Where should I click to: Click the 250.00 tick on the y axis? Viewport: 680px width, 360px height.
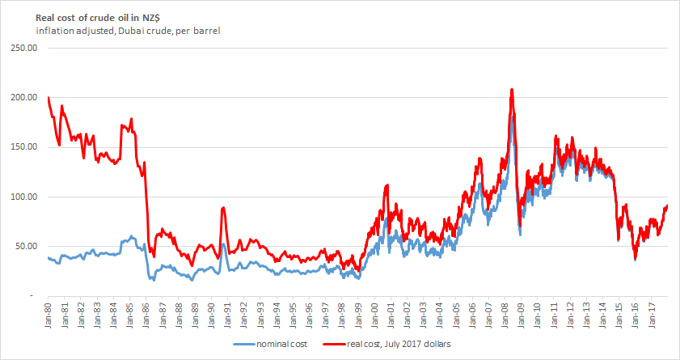[x=25, y=48]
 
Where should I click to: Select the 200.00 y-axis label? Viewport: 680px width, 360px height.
[x=25, y=97]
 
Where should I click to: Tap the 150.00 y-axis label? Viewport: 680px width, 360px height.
[x=25, y=147]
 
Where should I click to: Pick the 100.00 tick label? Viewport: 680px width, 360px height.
[x=25, y=197]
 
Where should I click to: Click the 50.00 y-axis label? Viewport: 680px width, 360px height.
[x=27, y=247]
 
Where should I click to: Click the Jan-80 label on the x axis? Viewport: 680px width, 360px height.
[x=49, y=316]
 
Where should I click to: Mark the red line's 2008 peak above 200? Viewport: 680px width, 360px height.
[x=511, y=90]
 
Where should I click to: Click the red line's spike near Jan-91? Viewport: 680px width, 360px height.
[x=223, y=208]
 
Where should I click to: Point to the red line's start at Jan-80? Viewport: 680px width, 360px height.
[x=49, y=98]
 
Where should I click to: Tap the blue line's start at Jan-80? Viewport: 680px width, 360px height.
[x=49, y=257]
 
